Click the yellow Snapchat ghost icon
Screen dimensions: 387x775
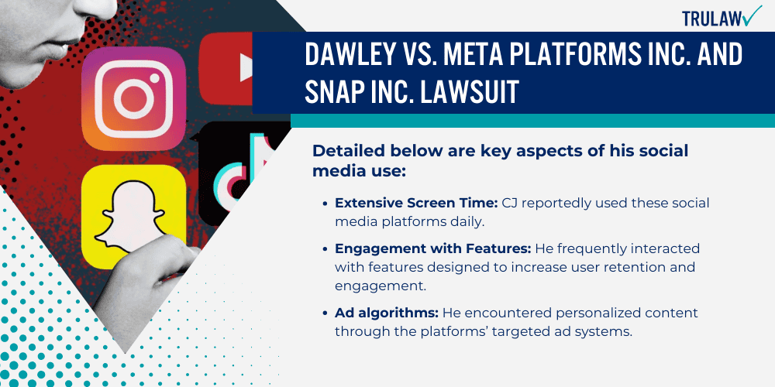(x=134, y=207)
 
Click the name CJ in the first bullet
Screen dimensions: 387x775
(x=490, y=202)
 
